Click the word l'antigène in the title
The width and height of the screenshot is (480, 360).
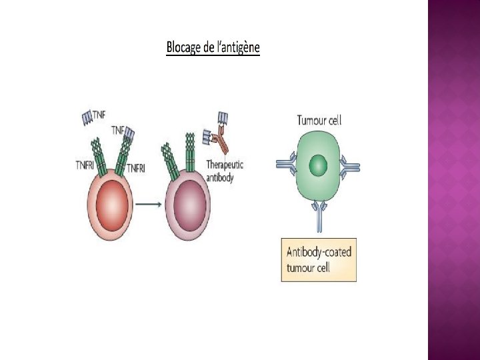(236, 48)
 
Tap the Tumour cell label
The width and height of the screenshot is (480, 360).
(319, 121)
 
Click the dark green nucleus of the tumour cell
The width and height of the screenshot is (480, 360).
(319, 165)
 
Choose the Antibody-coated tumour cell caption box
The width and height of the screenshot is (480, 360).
(319, 260)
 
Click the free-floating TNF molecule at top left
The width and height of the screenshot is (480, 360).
(89, 118)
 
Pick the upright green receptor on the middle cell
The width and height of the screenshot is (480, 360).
(190, 153)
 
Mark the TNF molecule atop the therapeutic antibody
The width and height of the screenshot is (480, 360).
(222, 120)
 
